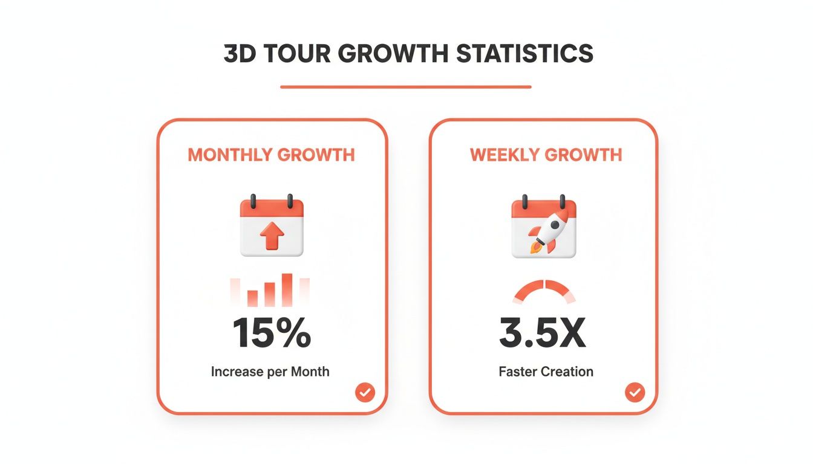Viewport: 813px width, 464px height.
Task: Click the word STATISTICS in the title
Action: coord(524,54)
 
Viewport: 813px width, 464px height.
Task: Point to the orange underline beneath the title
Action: coord(405,87)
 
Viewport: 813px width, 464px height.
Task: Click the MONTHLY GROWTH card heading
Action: coord(271,155)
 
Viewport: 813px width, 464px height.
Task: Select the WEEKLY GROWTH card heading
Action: coord(546,155)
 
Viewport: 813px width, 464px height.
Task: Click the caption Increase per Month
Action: coord(270,371)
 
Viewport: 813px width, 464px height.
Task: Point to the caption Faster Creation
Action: coord(546,371)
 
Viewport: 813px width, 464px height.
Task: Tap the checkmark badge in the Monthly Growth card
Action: coord(365,393)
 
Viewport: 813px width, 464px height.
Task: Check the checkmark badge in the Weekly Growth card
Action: coord(635,393)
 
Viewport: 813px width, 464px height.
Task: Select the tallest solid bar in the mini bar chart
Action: coord(287,289)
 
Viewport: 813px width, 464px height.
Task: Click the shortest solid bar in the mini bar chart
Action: coord(253,297)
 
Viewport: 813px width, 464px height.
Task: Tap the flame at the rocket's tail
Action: coord(533,248)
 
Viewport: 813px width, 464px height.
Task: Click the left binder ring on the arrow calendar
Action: coord(254,201)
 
